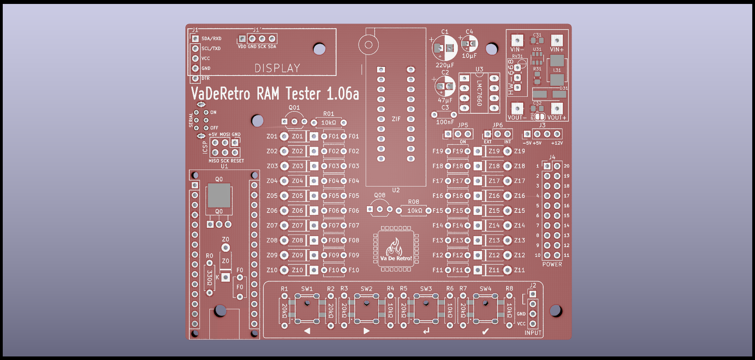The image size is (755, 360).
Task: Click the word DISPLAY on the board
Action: tap(277, 68)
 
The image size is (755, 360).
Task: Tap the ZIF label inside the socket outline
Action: tap(396, 119)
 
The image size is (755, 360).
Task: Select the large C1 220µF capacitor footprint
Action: tap(445, 48)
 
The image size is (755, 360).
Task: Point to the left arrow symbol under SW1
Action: tap(307, 331)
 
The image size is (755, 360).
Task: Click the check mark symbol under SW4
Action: tap(485, 331)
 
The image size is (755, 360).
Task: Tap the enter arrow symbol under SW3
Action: tap(426, 331)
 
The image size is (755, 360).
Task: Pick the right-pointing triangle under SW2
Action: tap(366, 331)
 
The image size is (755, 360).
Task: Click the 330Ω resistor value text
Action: tap(209, 278)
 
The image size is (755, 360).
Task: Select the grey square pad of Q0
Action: tap(219, 196)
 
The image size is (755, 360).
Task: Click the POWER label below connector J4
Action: tap(552, 264)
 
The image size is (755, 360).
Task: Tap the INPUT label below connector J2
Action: tap(533, 333)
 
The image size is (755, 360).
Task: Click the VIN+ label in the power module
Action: tap(557, 50)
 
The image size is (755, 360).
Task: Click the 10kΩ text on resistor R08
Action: tap(415, 211)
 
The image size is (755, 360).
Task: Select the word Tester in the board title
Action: tap(303, 94)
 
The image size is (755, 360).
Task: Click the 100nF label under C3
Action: tap(445, 122)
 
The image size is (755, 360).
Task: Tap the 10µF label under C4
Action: tap(469, 56)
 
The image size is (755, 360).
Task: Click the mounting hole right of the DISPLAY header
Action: tap(319, 49)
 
